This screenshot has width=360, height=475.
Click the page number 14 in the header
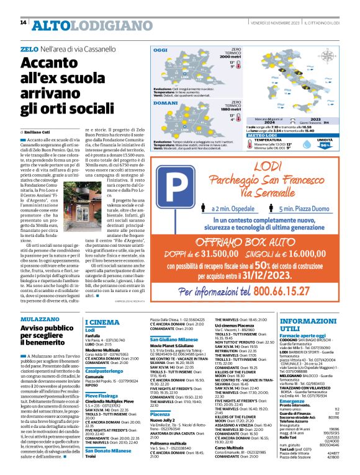pos(23,23)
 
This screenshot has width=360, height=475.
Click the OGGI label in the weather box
pos(161,50)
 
